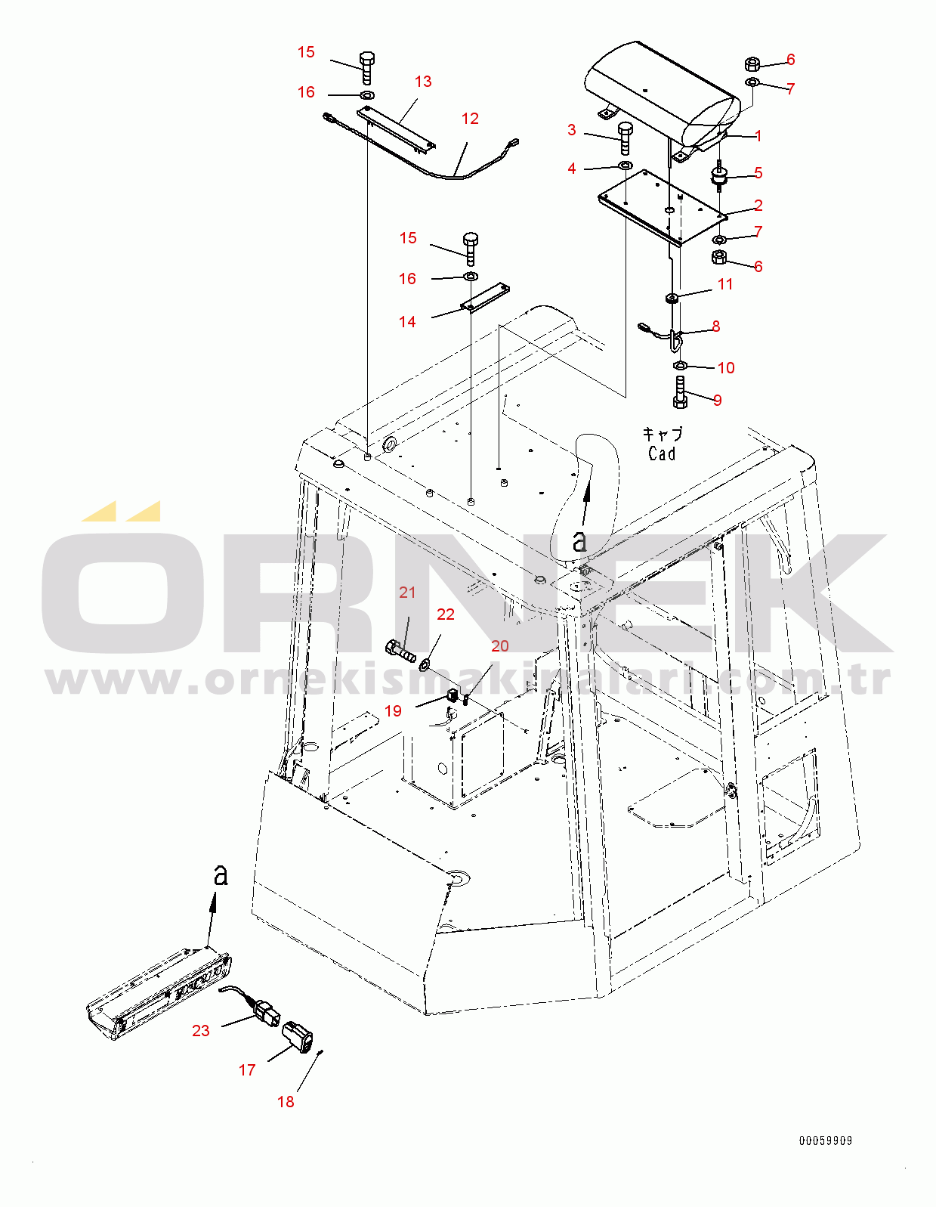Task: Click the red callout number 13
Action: (423, 82)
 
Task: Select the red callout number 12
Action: (470, 119)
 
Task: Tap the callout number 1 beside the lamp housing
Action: (758, 136)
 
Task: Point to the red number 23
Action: (201, 1031)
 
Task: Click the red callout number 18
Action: (286, 1102)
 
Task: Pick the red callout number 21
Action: (407, 593)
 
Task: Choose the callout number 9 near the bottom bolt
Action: (717, 401)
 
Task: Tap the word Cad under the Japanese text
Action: (662, 453)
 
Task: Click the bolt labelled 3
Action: (625, 138)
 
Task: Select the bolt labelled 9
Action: (680, 393)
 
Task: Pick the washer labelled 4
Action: (626, 165)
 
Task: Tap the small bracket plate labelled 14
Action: (486, 299)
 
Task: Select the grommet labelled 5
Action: (719, 177)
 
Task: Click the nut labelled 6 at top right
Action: (752, 64)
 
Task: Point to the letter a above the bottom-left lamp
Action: (221, 875)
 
